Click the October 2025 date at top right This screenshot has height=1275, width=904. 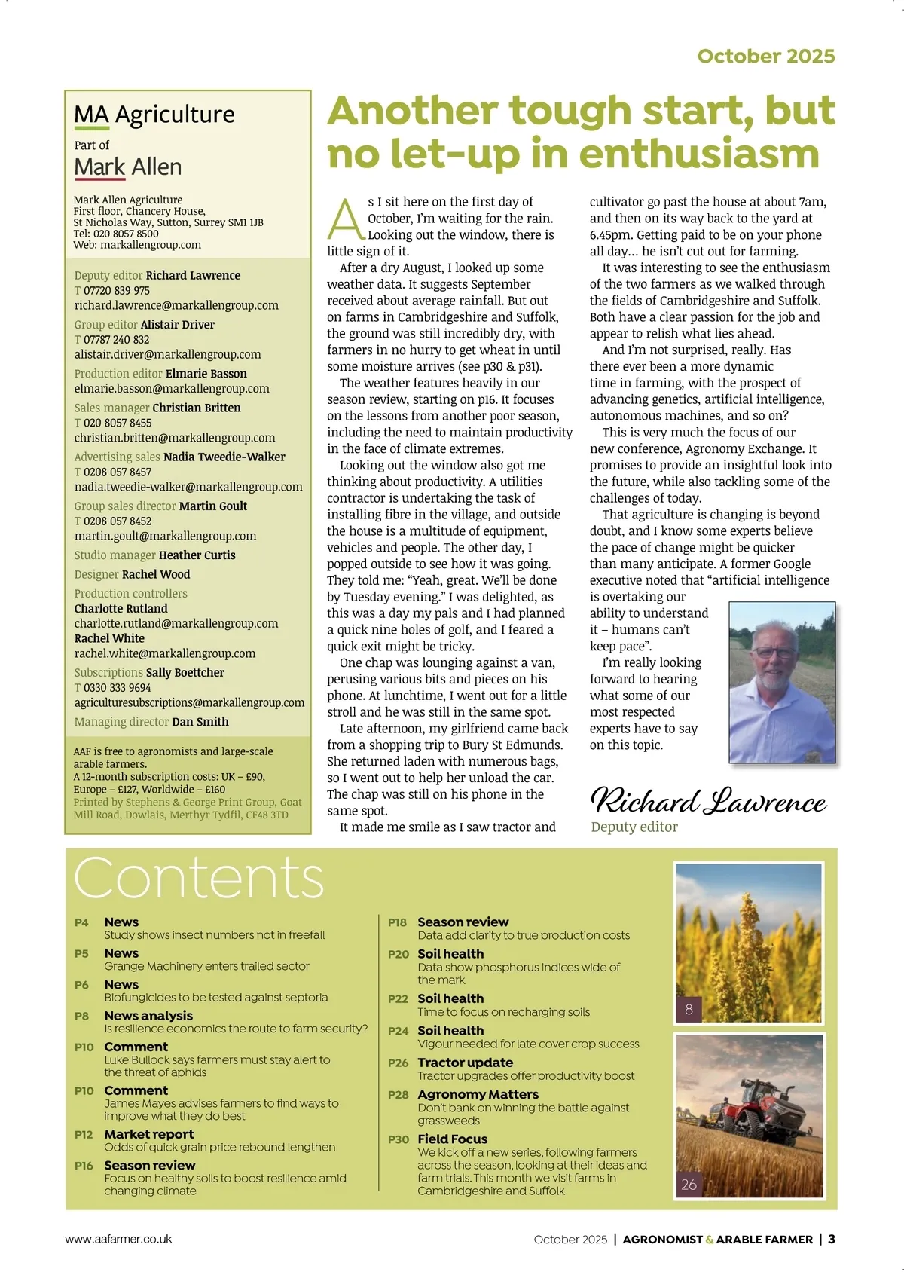(765, 56)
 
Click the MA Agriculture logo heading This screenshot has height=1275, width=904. (154, 115)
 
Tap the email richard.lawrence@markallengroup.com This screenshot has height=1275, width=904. (176, 305)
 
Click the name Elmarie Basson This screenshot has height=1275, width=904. (206, 374)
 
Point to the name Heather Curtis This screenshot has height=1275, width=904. (197, 555)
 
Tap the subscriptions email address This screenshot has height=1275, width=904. (189, 702)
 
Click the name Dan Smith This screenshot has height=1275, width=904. (200, 722)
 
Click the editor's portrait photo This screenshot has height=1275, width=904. (782, 682)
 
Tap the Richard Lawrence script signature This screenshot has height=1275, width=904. (708, 801)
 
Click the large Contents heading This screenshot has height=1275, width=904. (199, 878)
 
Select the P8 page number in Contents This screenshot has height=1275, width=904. (81, 1016)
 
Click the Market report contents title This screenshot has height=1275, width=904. (149, 1134)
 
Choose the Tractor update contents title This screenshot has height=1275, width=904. (465, 1062)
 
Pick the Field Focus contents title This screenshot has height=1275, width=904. (452, 1139)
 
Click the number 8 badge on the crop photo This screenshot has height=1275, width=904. (689, 1009)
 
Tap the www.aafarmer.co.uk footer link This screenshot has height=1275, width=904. (119, 1239)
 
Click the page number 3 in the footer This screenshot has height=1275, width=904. (832, 1239)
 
